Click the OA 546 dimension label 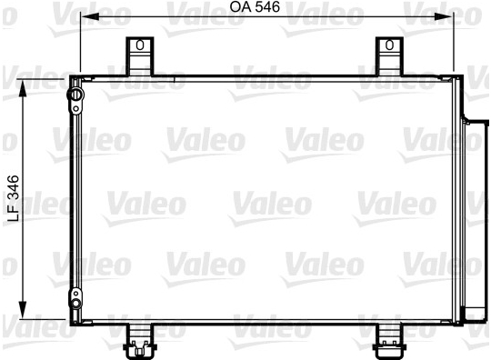255,7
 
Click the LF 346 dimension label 13,198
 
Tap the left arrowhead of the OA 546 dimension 89,17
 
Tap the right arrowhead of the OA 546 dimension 444,17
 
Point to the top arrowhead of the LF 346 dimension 23,89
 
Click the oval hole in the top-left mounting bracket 140,45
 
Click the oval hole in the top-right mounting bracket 389,45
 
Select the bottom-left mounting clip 140,341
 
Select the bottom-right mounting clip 389,341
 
